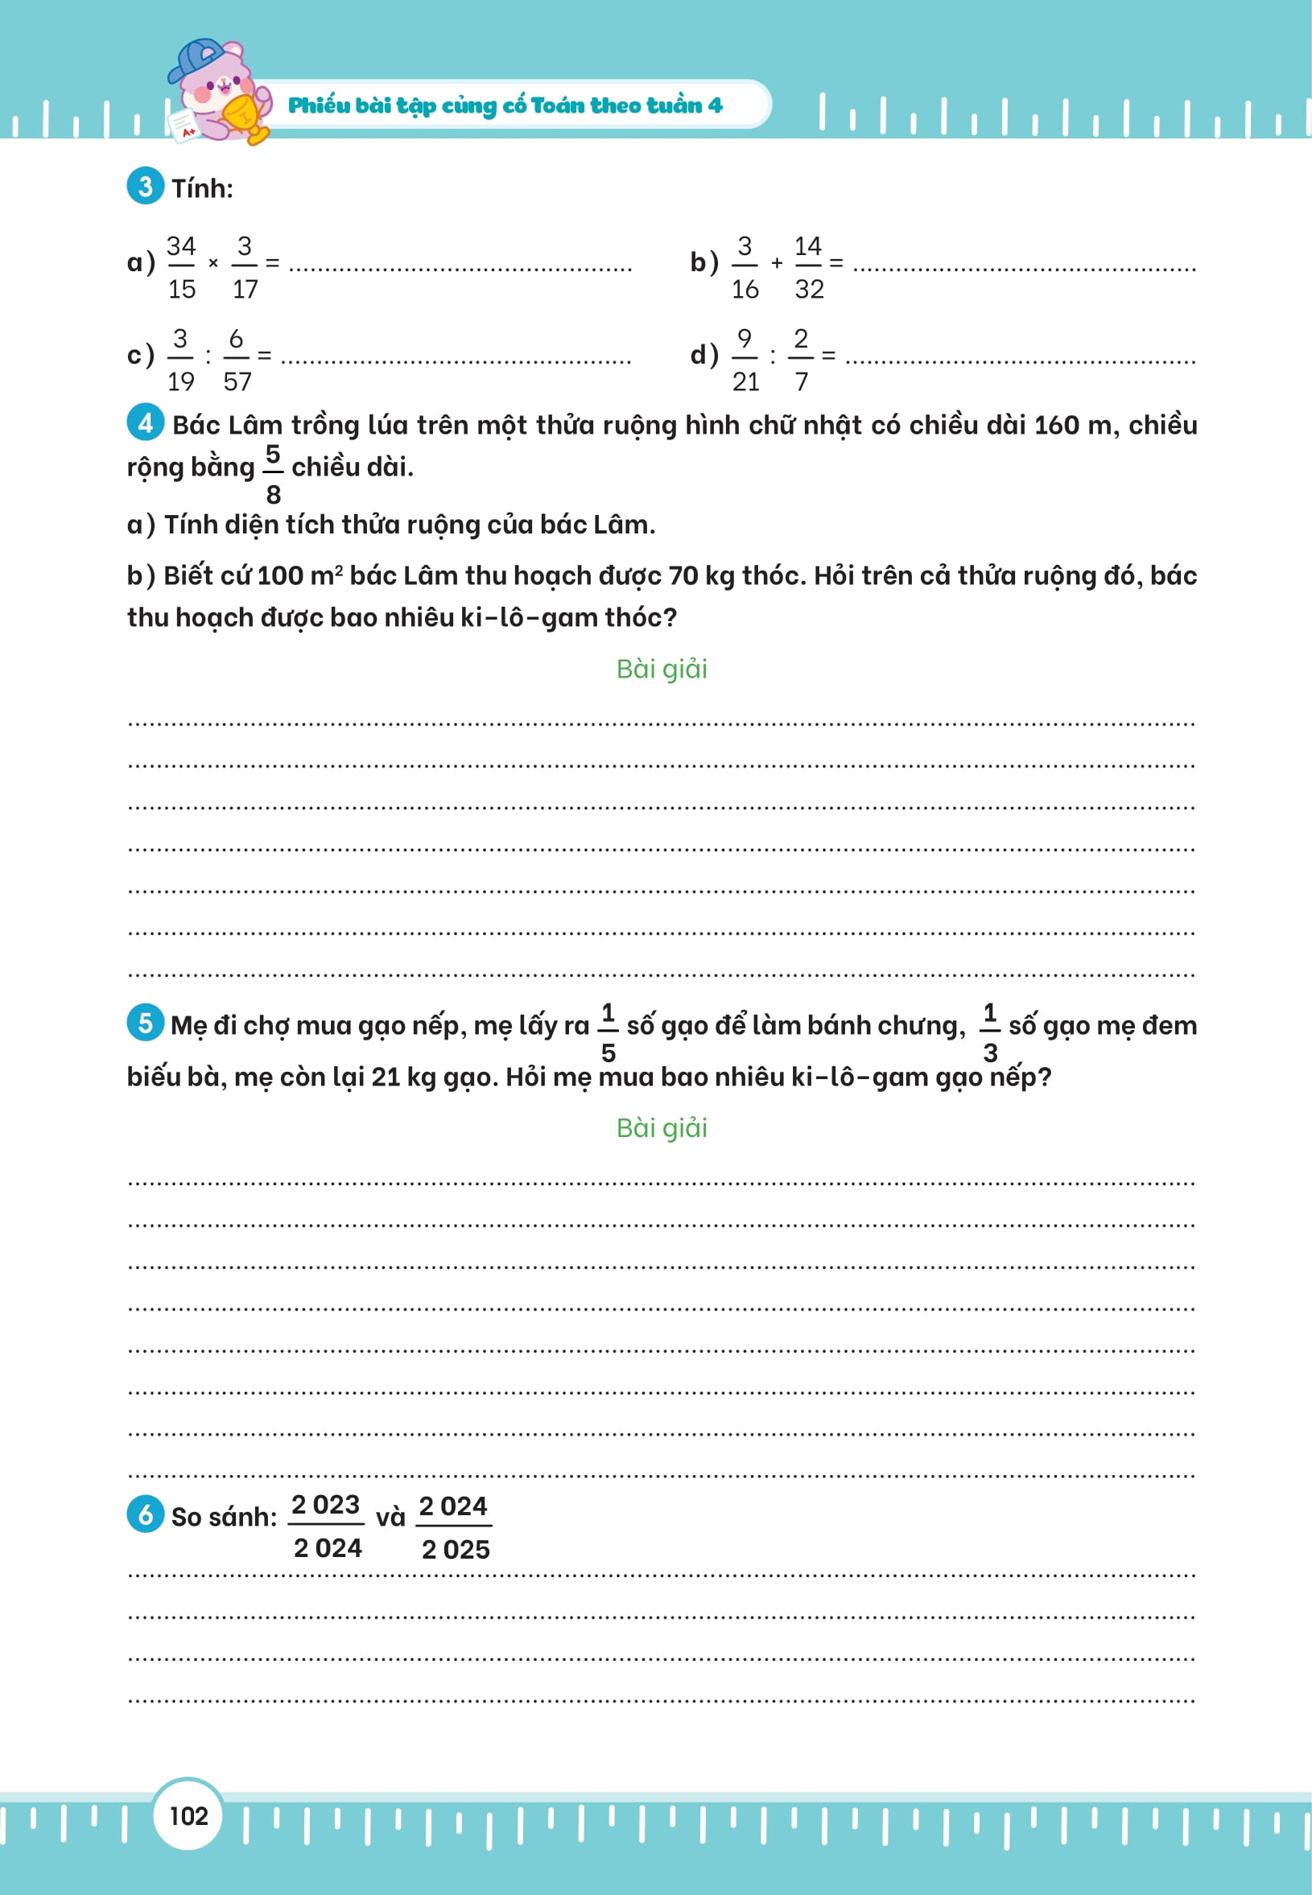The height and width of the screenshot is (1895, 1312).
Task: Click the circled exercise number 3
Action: tap(146, 187)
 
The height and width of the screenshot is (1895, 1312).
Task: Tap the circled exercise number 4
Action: tap(146, 422)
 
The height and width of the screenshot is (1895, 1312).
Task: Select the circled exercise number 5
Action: tap(146, 1022)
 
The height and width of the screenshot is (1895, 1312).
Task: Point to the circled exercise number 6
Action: tap(146, 1514)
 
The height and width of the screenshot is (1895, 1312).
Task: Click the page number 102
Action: tap(188, 1815)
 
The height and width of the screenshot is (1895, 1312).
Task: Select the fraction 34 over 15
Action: tap(181, 267)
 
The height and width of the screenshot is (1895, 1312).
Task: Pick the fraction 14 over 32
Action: tap(808, 267)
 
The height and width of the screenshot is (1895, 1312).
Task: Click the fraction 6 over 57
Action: tap(237, 359)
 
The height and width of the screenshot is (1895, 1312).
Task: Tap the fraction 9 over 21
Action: tap(745, 359)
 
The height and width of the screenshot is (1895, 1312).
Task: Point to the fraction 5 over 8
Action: tap(273, 474)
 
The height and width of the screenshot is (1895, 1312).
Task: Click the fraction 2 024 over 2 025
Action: tap(454, 1526)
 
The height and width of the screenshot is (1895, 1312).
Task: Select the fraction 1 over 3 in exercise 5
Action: tap(990, 1032)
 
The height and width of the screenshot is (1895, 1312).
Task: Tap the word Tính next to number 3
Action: tap(202, 188)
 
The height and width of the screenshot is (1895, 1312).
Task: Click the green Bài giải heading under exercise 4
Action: tap(662, 669)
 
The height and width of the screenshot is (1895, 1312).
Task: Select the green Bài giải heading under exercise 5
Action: tap(662, 1127)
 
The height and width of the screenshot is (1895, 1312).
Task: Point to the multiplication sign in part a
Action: tap(213, 264)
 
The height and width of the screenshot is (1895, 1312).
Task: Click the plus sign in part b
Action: tap(777, 264)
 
